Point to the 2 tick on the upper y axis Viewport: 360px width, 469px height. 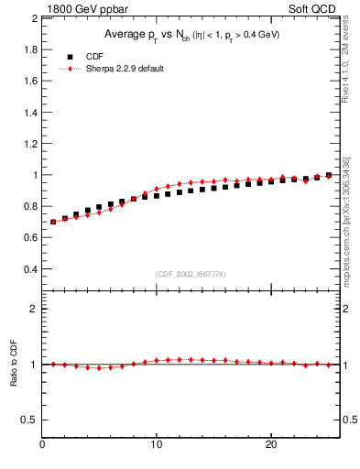point(33,17)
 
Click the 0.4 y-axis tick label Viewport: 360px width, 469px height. point(29,269)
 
